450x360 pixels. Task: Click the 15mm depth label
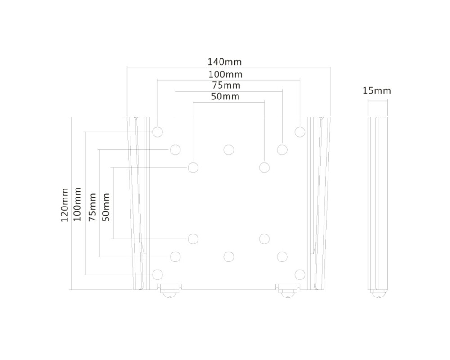(377, 91)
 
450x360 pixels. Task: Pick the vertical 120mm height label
(65, 205)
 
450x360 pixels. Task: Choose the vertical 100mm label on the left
(77, 204)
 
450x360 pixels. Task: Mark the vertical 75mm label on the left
(93, 207)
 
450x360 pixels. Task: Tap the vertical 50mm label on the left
(106, 207)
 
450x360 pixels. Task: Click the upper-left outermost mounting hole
(157, 132)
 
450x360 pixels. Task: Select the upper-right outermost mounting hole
(300, 132)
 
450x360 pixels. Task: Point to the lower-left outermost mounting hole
(157, 274)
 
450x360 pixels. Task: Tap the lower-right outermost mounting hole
(300, 274)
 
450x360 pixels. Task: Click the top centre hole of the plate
(229, 149)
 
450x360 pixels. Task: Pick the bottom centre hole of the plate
(229, 256)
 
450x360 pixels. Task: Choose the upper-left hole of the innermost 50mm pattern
(193, 167)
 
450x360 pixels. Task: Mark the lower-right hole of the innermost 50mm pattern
(264, 238)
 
